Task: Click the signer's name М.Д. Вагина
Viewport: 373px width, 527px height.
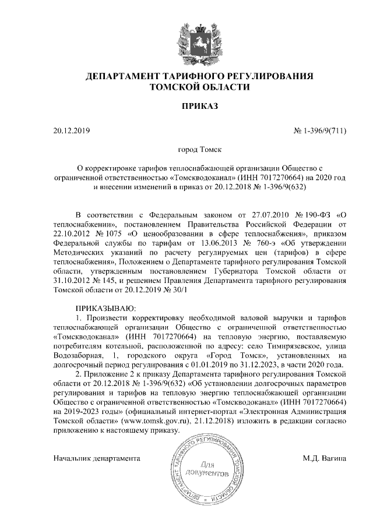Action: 325,458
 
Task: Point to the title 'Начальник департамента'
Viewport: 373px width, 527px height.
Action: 97,458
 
